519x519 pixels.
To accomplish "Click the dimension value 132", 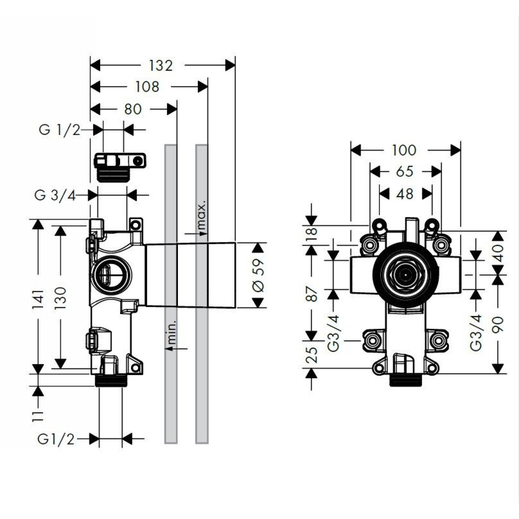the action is [161, 66].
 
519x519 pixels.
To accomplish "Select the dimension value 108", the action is [147, 87].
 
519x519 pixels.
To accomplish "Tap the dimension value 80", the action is [133, 109].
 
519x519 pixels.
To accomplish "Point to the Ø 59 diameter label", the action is [258, 275].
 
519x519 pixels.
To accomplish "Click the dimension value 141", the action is [38, 299].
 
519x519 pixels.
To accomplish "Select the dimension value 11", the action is [38, 416].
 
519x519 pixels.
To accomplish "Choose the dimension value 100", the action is [404, 150].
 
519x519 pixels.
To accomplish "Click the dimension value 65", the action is [405, 172].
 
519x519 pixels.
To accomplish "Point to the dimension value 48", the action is [405, 194].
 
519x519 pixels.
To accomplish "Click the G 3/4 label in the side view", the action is [55, 195].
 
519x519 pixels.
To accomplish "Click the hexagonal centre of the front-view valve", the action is [405, 275].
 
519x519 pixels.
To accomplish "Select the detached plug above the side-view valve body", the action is [120, 167].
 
